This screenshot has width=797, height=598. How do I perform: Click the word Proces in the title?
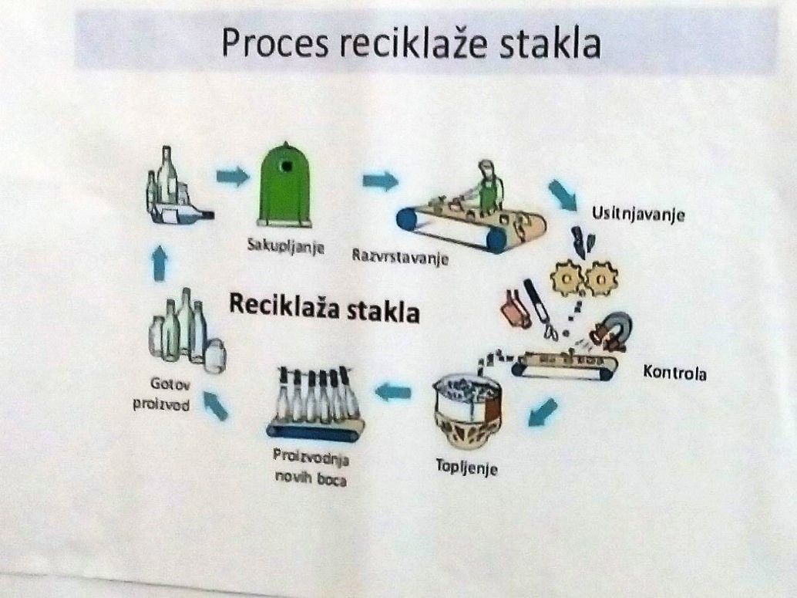coord(274,44)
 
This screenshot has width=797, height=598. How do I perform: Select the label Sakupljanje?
coord(286,246)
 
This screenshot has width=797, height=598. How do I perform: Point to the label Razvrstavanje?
coord(401,256)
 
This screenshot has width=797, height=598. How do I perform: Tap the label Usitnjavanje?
coord(638,214)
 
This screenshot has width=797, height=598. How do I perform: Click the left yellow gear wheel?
coord(567,278)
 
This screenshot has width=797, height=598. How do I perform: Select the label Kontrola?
coord(674,373)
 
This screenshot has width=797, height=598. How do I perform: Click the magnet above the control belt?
coord(614,330)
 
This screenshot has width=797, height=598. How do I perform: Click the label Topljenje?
coord(466,467)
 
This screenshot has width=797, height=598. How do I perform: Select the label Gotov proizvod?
coord(163,394)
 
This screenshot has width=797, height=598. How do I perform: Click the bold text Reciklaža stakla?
coord(325,307)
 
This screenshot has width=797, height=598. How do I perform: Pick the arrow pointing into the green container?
coord(233,177)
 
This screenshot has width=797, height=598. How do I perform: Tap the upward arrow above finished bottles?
coord(160,262)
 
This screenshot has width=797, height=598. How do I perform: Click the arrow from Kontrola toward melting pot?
coord(543,412)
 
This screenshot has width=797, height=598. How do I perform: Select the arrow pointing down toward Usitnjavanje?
coord(563,194)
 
